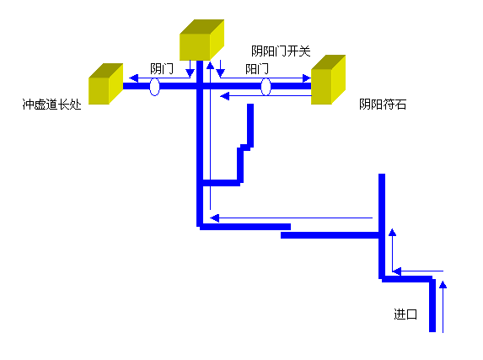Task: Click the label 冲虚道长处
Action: (51, 105)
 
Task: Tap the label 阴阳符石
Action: (383, 105)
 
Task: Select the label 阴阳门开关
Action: (281, 51)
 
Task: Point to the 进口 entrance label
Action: (405, 314)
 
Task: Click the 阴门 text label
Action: (162, 68)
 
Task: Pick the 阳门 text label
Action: (257, 68)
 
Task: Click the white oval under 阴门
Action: (154, 87)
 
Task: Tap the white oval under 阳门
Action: (266, 87)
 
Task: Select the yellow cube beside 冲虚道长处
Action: (105, 83)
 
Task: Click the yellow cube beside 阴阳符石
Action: (328, 80)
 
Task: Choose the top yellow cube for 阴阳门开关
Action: (201, 40)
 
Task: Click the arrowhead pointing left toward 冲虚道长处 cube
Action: (133, 78)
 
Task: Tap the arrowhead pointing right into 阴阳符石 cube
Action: (307, 78)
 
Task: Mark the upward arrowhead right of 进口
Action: (443, 285)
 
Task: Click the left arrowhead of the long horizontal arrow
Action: (214, 218)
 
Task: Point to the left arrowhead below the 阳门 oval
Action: (225, 96)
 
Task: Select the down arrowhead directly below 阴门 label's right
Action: (190, 73)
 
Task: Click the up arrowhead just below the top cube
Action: (210, 66)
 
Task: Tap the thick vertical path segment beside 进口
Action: (432, 304)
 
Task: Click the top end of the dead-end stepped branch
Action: (250, 105)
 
